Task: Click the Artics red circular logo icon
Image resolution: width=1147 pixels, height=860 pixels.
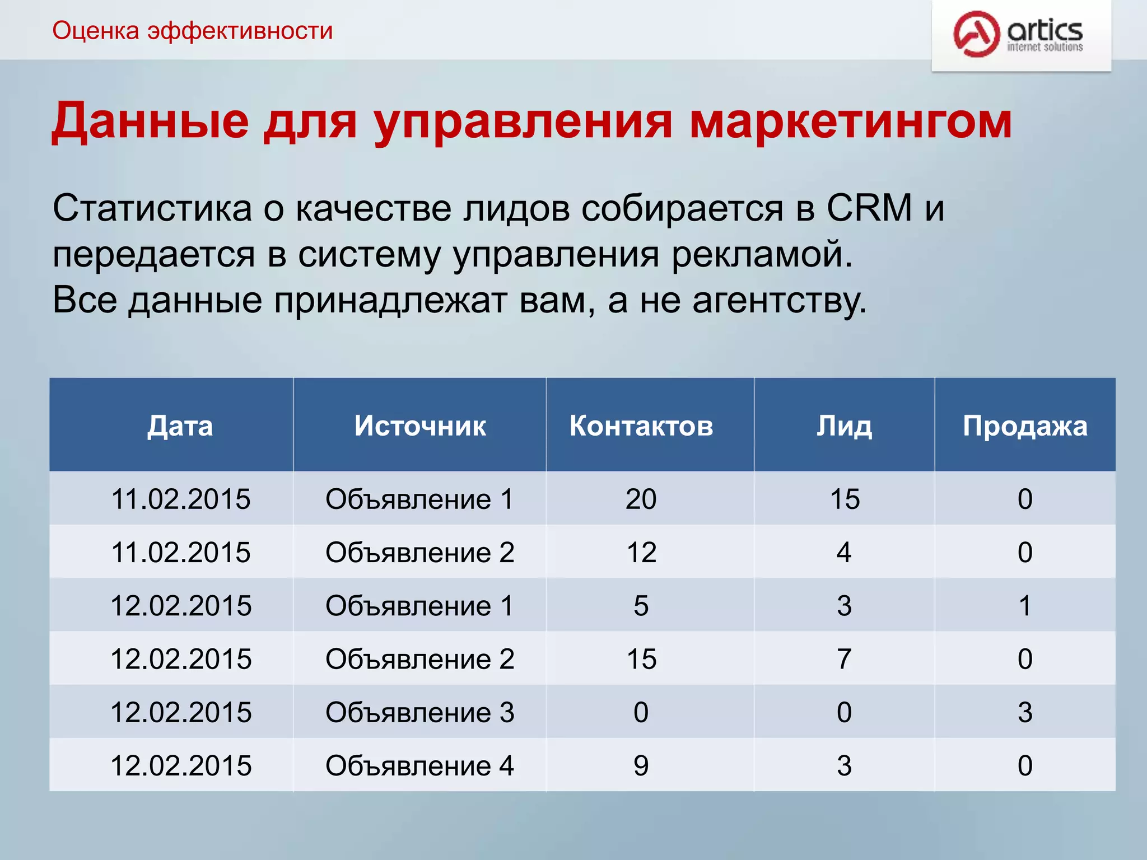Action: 976,34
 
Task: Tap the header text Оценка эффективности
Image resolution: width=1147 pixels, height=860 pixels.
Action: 192,31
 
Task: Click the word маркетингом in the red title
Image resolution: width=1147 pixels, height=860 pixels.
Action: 850,121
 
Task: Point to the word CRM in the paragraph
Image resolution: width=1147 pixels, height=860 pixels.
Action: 870,208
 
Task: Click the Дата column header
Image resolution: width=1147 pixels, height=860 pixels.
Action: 180,426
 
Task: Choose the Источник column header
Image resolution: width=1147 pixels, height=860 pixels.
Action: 420,426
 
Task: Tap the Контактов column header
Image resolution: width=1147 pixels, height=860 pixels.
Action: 641,426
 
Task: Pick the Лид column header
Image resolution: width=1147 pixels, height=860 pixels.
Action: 844,426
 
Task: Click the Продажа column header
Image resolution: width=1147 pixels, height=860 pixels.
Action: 1025,426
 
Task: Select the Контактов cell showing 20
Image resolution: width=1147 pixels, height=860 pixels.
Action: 641,499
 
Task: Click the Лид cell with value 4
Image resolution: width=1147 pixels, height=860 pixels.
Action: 844,553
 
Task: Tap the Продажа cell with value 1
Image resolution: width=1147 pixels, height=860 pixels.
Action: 1025,606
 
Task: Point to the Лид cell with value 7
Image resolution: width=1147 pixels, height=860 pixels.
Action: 844,659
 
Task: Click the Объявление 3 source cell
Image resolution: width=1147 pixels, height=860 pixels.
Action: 420,713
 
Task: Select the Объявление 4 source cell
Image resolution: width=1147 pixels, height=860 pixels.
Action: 420,766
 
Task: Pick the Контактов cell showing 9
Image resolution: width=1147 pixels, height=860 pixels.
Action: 641,766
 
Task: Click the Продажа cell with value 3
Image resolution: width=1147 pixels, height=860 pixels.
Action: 1025,713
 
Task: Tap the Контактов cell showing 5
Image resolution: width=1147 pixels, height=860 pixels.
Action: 641,606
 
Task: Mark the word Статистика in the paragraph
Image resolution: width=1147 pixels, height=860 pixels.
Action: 152,208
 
